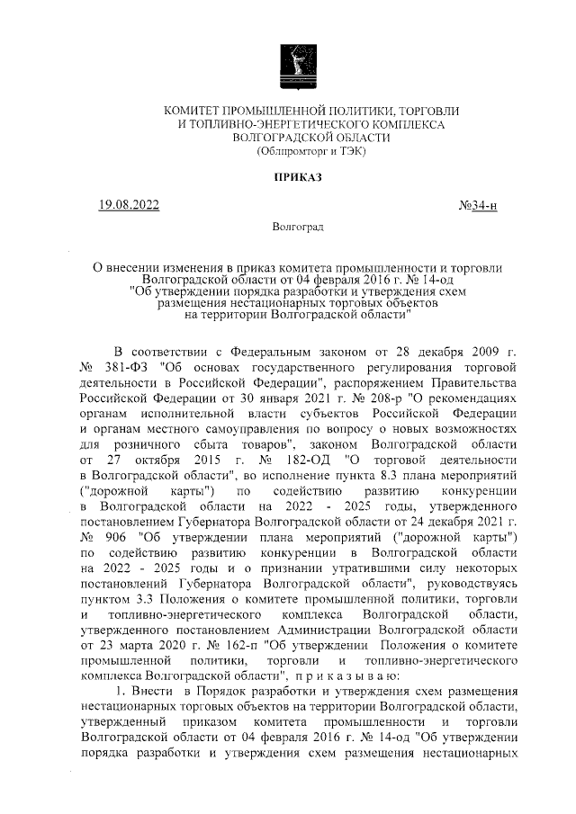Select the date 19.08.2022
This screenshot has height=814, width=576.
click(x=130, y=206)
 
